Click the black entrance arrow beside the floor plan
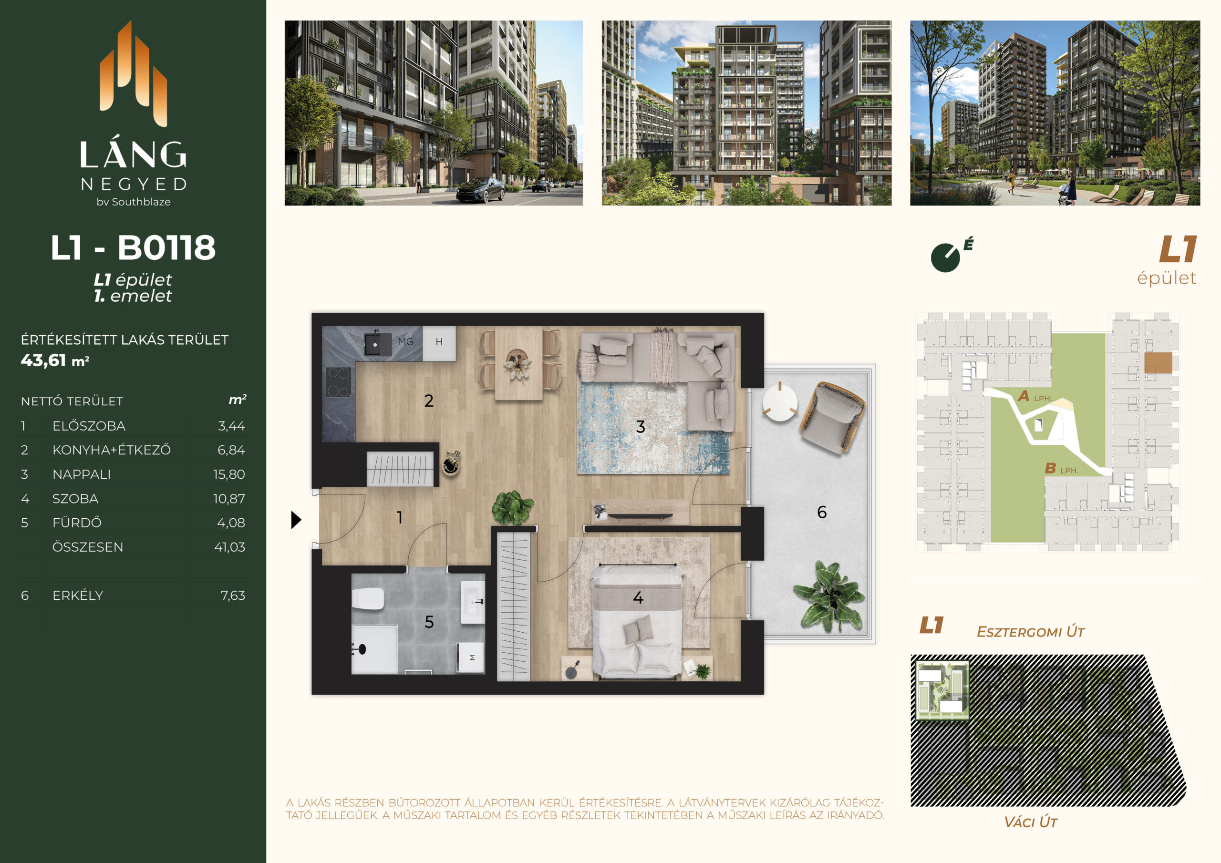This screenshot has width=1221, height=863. (x=296, y=520)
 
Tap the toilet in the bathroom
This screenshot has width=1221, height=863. (x=368, y=599)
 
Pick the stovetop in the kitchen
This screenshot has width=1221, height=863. (x=338, y=382)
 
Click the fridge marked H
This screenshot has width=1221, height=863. (x=439, y=342)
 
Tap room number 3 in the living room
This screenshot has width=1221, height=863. (x=640, y=426)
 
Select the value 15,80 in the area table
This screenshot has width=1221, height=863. (x=229, y=474)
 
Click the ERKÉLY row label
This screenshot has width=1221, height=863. (x=78, y=596)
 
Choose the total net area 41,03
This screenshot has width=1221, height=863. (x=230, y=547)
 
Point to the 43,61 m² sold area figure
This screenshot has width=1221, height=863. (x=55, y=360)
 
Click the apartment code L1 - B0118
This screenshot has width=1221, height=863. (x=133, y=247)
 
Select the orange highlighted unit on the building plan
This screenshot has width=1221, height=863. (x=1158, y=363)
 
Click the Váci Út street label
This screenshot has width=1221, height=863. (x=1031, y=822)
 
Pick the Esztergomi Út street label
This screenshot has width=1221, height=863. (x=1031, y=632)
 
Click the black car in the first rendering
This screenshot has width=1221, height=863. (x=480, y=190)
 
